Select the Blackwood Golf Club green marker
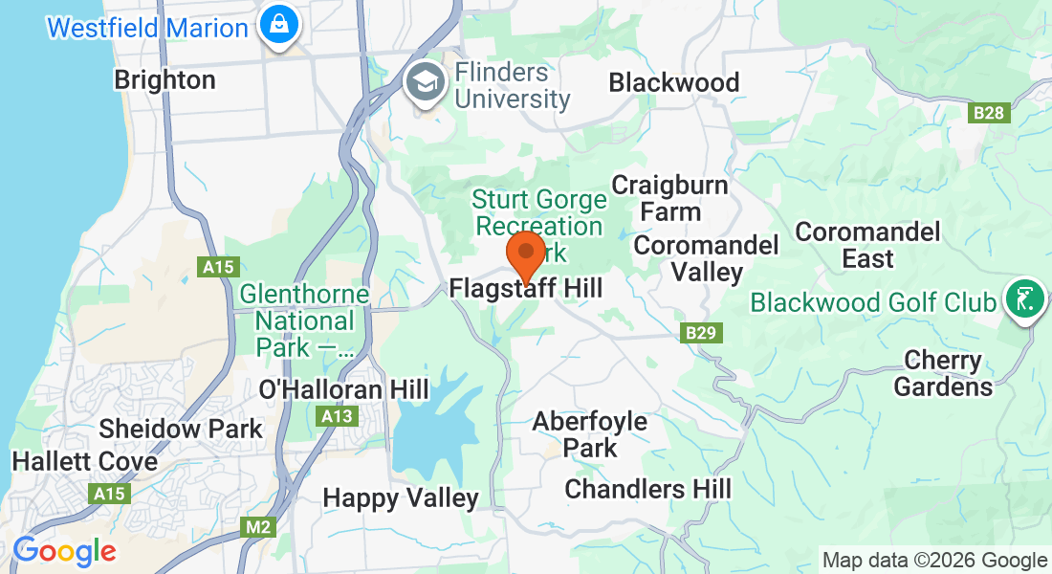pos(1024,299)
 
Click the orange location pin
pos(525,254)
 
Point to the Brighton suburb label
pos(164,79)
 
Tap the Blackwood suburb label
pos(674,82)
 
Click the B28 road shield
pos(989,113)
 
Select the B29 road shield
pos(701,333)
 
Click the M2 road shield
pos(256,527)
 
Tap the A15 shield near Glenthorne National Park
pos(218,267)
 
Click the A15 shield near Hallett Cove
pos(110,494)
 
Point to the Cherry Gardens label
pos(943,373)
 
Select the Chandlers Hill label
pos(647,489)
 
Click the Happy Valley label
pos(400,497)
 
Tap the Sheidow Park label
pos(180,429)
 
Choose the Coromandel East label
pos(867,245)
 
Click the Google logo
pos(64,551)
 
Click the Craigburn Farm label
pos(669,197)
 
